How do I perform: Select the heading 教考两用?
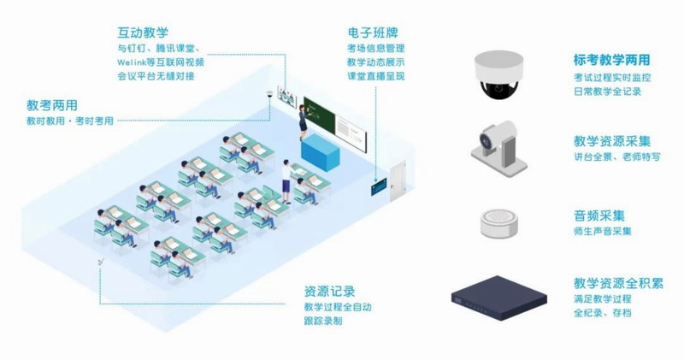click(x=51, y=106)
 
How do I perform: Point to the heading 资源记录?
click(x=329, y=291)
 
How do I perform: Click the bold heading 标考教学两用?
click(x=611, y=61)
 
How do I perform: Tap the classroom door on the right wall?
click(x=398, y=180)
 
